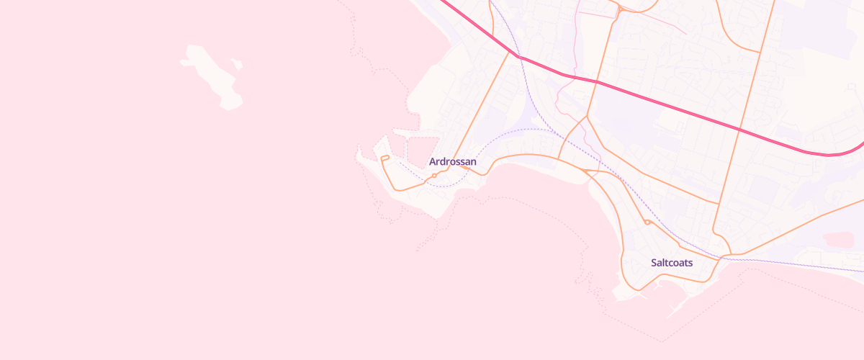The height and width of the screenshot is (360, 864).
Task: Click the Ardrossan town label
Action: (452, 162)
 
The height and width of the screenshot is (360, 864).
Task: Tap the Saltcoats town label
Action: (671, 263)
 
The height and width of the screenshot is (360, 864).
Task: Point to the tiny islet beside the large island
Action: (238, 65)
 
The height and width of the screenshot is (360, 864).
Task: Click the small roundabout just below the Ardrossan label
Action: (434, 175)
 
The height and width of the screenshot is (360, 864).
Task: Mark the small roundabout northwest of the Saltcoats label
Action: (647, 222)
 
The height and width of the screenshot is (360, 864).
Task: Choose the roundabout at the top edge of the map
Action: (620, 9)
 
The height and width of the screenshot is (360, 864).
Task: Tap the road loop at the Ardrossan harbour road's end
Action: (384, 158)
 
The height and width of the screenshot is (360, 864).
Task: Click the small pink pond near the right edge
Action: (838, 239)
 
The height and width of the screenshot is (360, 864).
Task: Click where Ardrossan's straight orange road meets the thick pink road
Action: (517, 55)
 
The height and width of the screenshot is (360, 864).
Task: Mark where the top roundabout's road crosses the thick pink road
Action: (596, 81)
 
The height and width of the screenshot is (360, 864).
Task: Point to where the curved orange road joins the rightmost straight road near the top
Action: (760, 52)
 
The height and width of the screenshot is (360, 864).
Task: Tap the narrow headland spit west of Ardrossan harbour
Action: (359, 153)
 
